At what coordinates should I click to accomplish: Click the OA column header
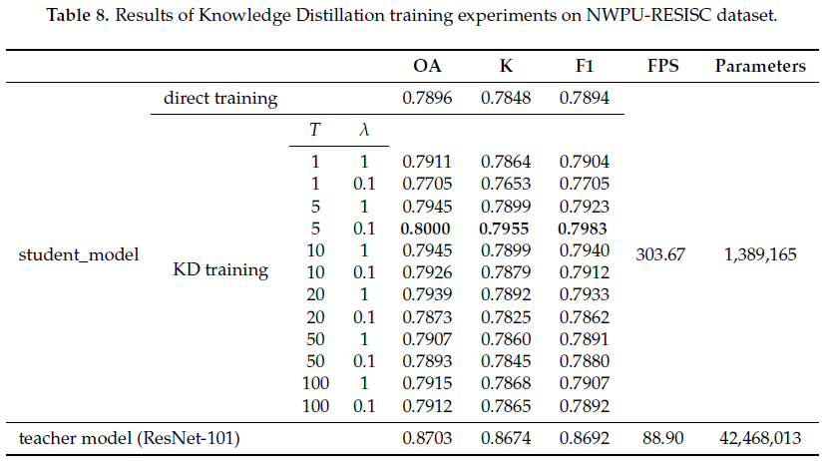coord(427,67)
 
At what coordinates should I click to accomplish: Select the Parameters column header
coord(760,67)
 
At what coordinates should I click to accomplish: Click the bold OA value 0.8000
coord(427,229)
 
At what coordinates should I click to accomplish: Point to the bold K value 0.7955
coord(505,229)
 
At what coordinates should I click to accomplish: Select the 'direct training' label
coord(220,99)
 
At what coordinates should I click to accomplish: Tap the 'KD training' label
coord(221,269)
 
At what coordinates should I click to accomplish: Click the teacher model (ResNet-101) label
coord(130,437)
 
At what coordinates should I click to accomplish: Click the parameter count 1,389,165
coord(760,254)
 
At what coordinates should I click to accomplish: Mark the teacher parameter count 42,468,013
coord(760,437)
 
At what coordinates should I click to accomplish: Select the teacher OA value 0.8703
coord(427,437)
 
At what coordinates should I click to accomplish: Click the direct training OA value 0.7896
coord(427,99)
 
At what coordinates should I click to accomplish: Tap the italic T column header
coord(315,130)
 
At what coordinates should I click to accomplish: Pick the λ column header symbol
coord(363,130)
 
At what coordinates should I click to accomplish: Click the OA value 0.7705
coord(427,183)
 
